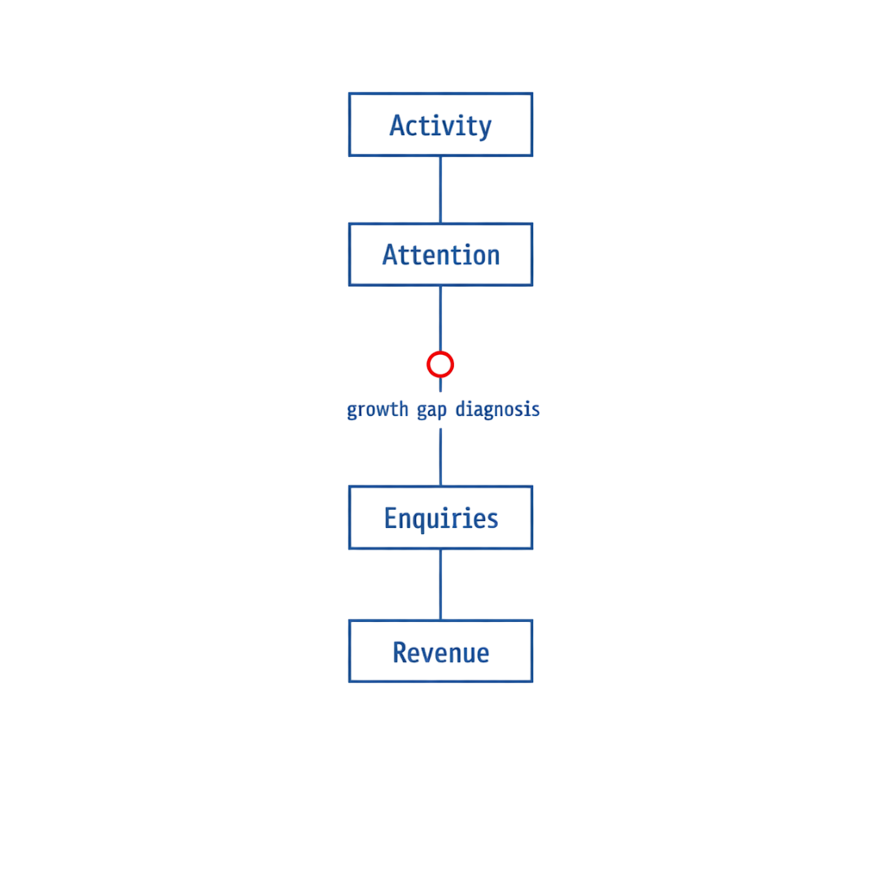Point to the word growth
pyautogui.click(x=377, y=409)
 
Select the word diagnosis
pyautogui.click(x=497, y=409)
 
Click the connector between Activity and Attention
pyautogui.click(x=440, y=189)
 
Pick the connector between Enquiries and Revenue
pyautogui.click(x=440, y=585)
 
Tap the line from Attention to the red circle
pyautogui.click(x=440, y=319)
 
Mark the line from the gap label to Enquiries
pyautogui.click(x=440, y=457)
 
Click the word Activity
pyautogui.click(x=440, y=126)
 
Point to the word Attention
pyautogui.click(x=441, y=255)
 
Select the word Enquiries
pyautogui.click(x=441, y=519)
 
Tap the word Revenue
pyautogui.click(x=441, y=653)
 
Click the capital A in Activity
pyautogui.click(x=398, y=126)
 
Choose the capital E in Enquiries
pyautogui.click(x=391, y=518)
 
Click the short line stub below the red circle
pyautogui.click(x=440, y=385)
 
